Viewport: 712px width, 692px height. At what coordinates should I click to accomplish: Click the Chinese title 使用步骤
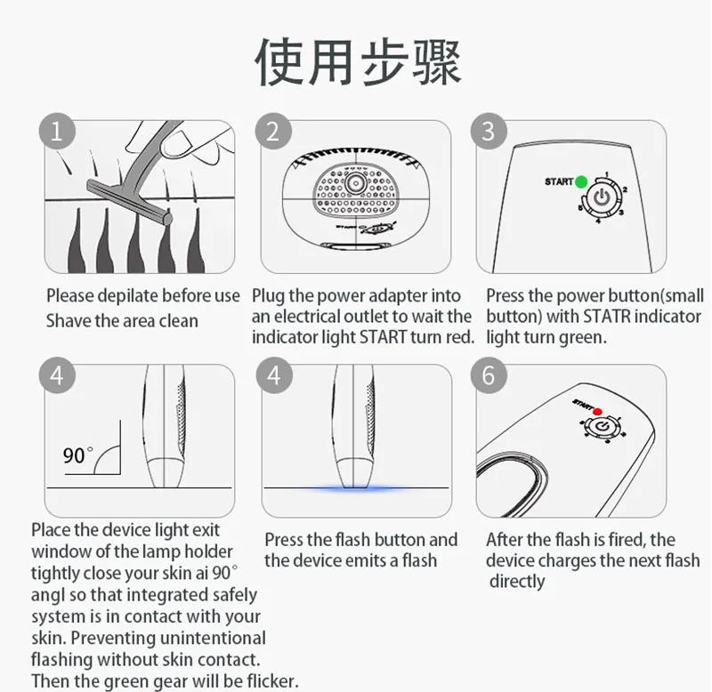point(358,62)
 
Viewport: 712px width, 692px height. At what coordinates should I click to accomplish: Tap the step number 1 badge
point(57,131)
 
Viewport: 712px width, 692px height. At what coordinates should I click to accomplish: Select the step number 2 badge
point(273,131)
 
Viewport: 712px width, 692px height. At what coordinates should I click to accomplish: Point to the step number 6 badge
point(489,375)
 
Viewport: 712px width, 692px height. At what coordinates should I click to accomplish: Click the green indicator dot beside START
point(581,181)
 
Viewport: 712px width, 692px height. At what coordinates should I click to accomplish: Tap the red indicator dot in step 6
point(597,412)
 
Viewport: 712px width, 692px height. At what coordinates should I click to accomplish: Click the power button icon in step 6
point(603,426)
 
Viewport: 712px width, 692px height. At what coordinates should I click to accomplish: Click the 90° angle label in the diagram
point(77,455)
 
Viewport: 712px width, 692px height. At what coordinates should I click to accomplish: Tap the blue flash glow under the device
point(356,489)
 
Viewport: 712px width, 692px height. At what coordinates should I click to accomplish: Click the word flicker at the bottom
point(272,680)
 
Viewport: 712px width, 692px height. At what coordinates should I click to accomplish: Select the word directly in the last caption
point(517,582)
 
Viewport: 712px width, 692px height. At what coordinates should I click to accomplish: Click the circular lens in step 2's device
point(355,183)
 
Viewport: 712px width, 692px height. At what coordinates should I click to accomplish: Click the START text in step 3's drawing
point(559,181)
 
